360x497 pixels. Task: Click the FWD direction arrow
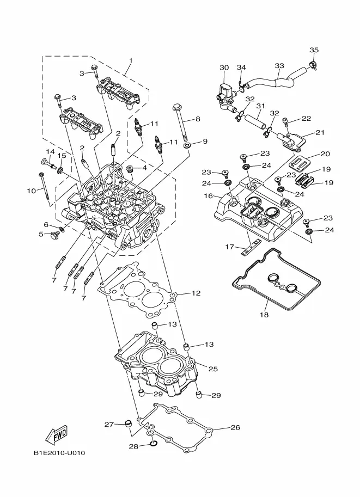[56, 434]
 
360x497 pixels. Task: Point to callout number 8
[198, 118]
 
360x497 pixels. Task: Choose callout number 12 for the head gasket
[196, 293]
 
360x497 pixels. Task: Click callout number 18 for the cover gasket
[264, 315]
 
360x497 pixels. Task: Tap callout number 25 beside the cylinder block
[213, 369]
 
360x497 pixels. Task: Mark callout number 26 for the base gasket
[235, 427]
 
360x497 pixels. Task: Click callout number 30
[224, 68]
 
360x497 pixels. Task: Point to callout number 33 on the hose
[279, 66]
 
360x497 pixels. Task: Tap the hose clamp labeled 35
[315, 65]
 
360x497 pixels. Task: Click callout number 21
[320, 133]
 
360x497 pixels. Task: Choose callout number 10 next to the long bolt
[30, 191]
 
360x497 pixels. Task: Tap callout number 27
[108, 424]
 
